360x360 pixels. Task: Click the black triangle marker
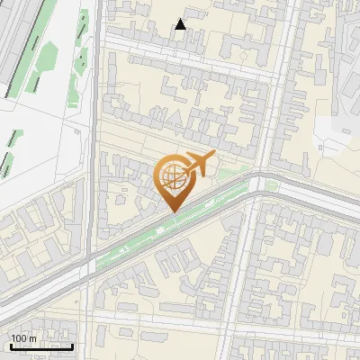(x=181, y=25)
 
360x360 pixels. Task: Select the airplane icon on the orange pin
(x=199, y=164)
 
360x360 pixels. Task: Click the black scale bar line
(x=41, y=346)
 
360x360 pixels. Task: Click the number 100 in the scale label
(x=20, y=338)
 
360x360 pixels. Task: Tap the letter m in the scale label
(x=32, y=338)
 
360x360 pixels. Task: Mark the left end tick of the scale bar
(x=11, y=345)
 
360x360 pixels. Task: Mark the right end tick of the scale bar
(x=73, y=345)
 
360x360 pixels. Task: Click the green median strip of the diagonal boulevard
(x=144, y=238)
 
